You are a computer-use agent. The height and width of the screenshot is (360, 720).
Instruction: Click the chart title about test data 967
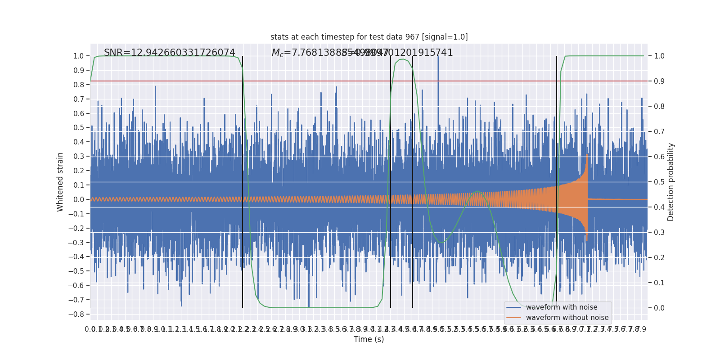pos(369,37)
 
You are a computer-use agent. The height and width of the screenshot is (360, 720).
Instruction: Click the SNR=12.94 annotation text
pos(169,53)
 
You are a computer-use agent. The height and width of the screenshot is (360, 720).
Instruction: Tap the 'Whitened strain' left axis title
pos(60,182)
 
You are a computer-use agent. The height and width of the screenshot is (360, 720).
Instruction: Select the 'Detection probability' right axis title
pos(671,182)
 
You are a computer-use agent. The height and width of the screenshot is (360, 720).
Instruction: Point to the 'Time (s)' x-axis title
pos(369,339)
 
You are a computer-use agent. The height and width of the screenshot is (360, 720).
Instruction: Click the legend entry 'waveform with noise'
pos(561,307)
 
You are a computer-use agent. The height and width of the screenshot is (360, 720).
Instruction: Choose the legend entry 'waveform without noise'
pos(567,318)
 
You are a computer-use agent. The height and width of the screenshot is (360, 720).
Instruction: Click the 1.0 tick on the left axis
pos(78,56)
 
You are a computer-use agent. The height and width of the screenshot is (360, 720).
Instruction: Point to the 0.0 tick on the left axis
pos(78,199)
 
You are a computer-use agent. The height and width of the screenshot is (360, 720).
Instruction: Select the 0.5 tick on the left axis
pos(78,128)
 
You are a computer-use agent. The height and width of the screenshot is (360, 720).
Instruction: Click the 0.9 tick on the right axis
pos(659,81)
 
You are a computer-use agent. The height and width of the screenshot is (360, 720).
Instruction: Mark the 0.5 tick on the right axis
pos(659,182)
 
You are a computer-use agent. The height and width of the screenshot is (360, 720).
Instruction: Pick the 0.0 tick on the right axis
pos(659,308)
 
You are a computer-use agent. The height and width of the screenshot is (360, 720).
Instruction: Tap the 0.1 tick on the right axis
pos(659,283)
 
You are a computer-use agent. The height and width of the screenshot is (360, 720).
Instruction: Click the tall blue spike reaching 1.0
pos(438,63)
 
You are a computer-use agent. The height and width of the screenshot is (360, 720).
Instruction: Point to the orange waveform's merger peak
pos(587,155)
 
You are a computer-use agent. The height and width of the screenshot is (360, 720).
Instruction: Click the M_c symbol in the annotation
pos(277,53)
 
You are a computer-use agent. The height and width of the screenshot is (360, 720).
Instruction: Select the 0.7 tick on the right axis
pos(659,131)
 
